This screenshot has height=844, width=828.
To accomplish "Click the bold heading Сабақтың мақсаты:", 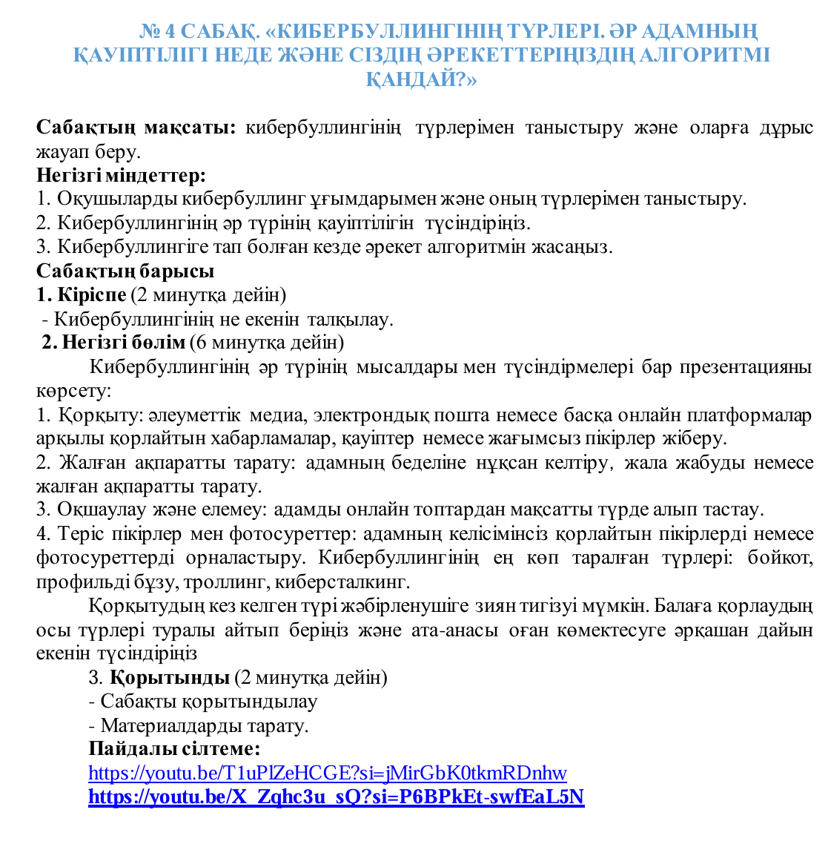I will (x=136, y=128).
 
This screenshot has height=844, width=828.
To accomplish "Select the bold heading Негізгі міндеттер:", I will (x=121, y=176).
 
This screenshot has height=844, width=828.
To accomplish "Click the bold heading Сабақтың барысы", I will (x=125, y=271).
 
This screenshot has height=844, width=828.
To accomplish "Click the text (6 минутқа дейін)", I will (x=266, y=343).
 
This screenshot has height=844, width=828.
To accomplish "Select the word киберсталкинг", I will (x=348, y=582).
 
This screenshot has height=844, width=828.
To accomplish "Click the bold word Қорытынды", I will (x=170, y=678).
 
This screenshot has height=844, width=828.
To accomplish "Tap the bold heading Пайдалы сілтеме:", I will (x=174, y=748).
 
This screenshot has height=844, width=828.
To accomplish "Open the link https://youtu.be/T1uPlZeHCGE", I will (x=327, y=774).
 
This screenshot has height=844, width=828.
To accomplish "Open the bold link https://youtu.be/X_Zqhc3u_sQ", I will (x=336, y=797).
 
